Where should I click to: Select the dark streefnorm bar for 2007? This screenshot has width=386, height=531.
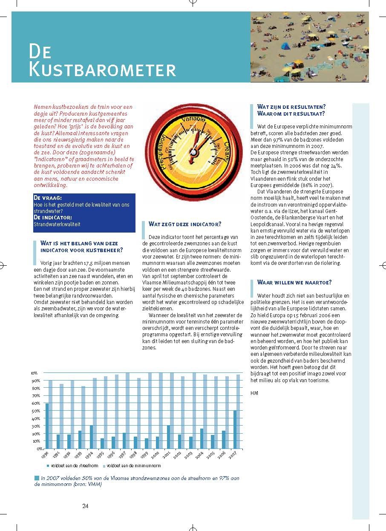tap(235, 430)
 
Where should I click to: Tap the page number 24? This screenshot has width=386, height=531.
tap(85, 506)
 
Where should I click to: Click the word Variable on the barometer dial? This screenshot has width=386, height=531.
tap(193, 118)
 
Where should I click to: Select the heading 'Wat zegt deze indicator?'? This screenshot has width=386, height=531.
tap(185, 224)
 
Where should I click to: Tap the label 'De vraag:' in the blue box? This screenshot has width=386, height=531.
tap(47, 198)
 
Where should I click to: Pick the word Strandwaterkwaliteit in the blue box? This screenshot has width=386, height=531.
tap(57, 224)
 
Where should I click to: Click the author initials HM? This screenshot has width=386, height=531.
tap(254, 393)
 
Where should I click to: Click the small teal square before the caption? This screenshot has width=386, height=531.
tap(36, 478)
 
